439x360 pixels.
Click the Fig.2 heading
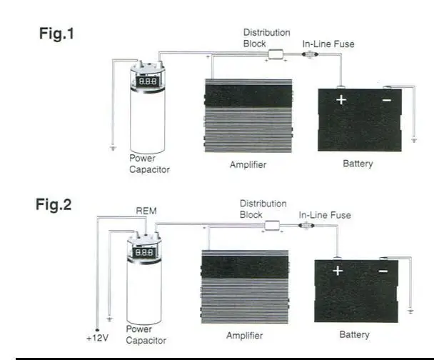[x=54, y=205]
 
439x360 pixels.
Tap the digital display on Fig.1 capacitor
[x=148, y=82]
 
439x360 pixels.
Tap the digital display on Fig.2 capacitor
[x=145, y=252]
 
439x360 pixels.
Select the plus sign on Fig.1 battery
[x=341, y=100]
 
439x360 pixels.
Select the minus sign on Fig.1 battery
[x=386, y=100]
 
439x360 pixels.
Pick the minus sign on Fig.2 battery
[x=383, y=271]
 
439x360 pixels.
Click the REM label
[x=146, y=211]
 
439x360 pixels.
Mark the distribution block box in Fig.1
[x=276, y=54]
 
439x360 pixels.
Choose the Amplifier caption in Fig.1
[x=248, y=165]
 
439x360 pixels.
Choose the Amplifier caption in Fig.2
[x=245, y=335]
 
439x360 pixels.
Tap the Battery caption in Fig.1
[x=358, y=164]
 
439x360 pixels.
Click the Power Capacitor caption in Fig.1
[x=150, y=164]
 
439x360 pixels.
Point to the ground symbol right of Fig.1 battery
[x=415, y=141]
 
